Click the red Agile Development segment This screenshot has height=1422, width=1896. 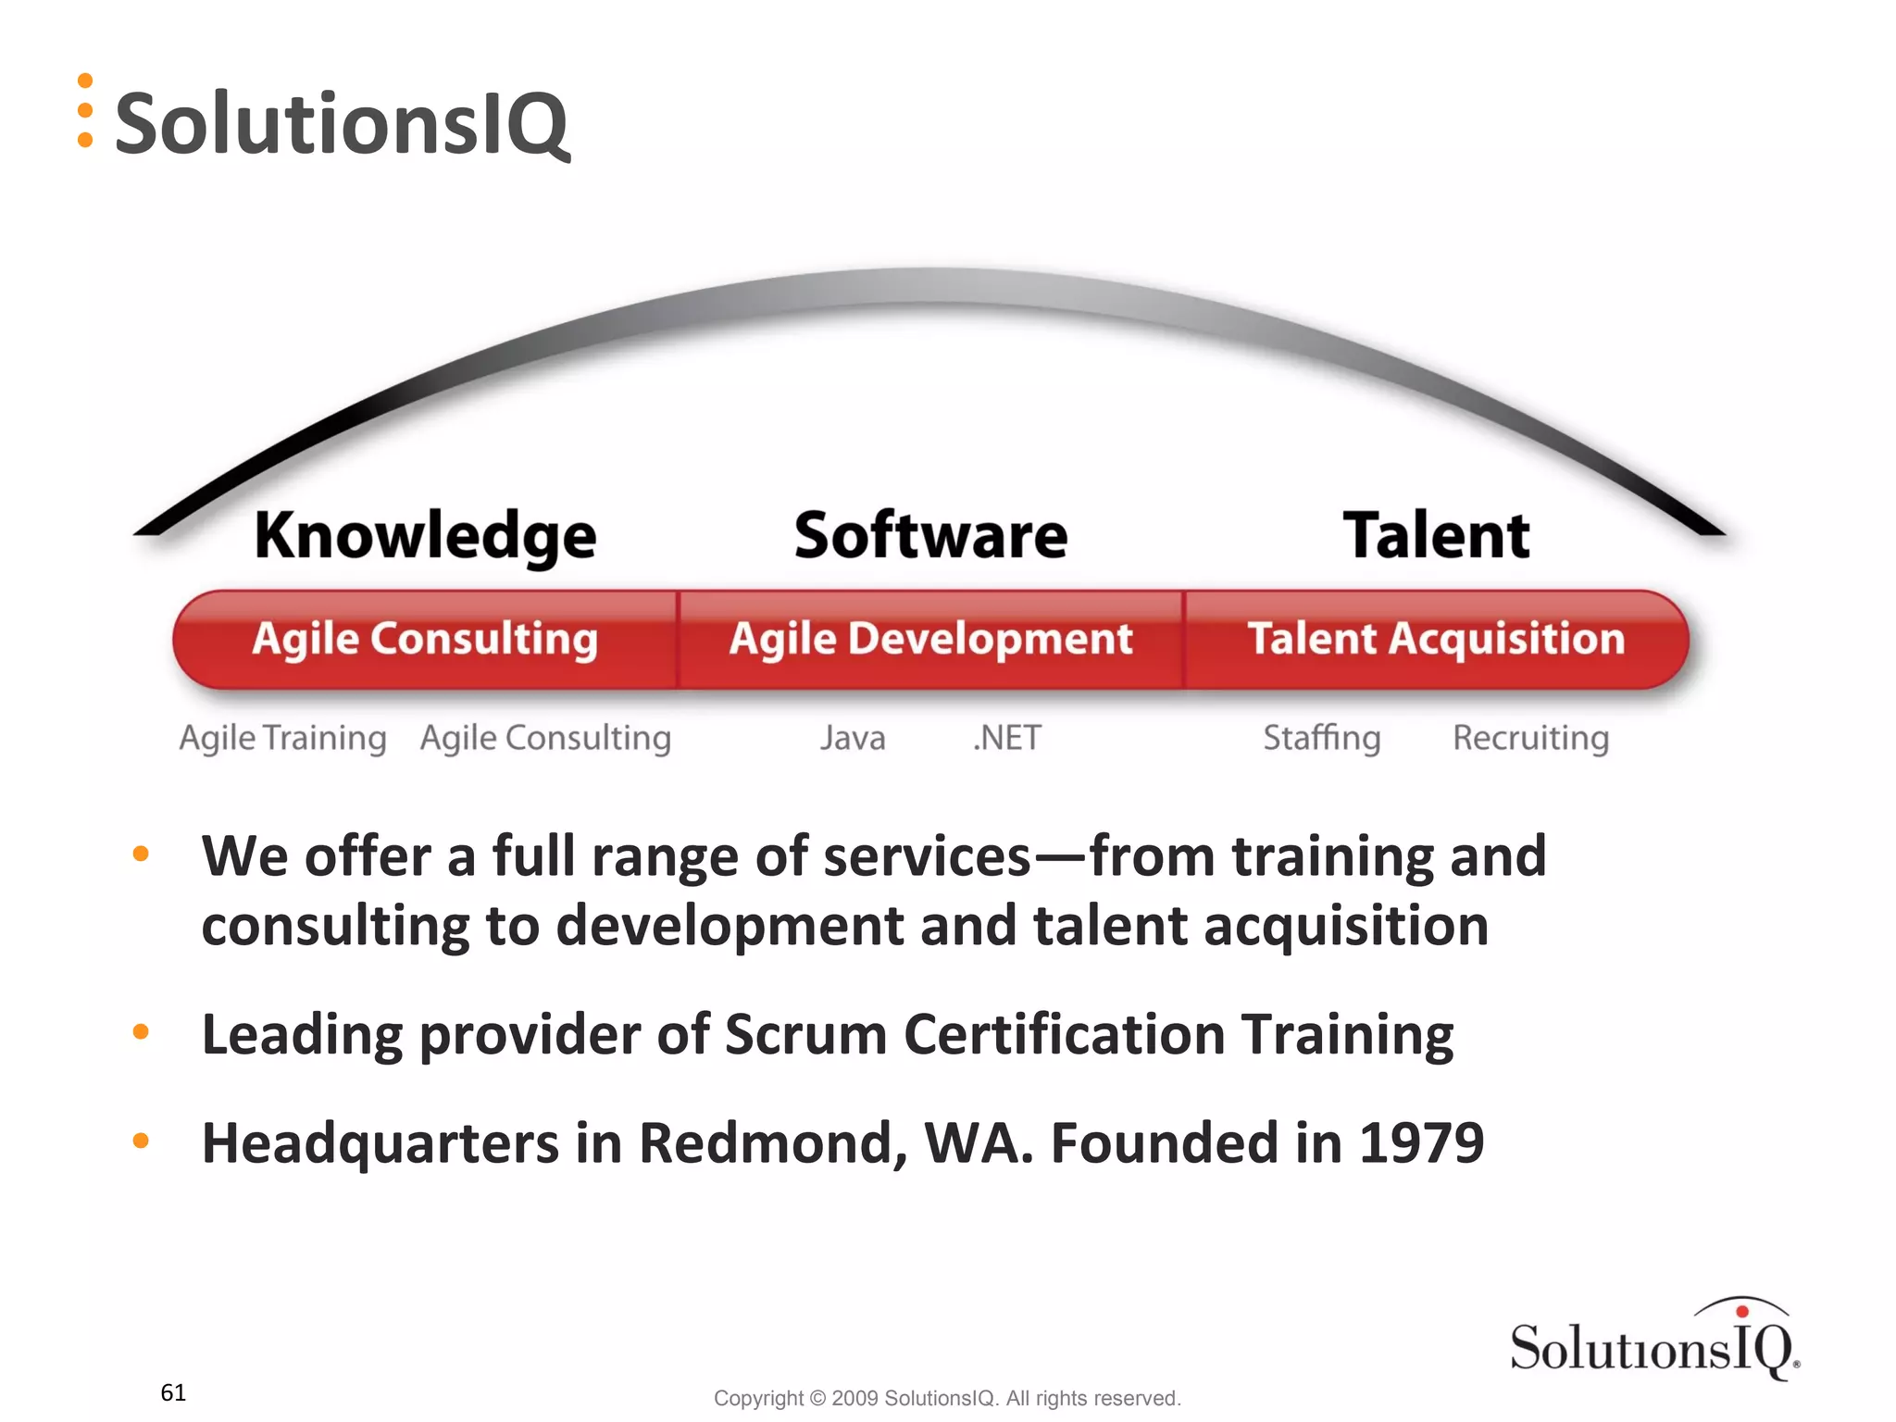[930, 640]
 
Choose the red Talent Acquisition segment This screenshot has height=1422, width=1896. [1436, 640]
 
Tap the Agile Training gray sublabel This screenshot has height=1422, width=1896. [282, 738]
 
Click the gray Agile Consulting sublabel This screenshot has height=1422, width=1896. [545, 738]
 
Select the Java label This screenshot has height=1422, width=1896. [853, 738]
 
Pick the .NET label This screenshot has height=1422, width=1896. [1007, 738]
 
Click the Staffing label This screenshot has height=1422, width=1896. [1322, 738]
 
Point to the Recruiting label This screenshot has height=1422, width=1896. [1530, 738]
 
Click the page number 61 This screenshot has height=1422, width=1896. [173, 1392]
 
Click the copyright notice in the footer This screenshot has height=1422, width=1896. [947, 1398]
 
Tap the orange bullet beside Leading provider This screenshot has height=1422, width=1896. [141, 1031]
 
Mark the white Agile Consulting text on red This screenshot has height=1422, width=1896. [425, 640]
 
